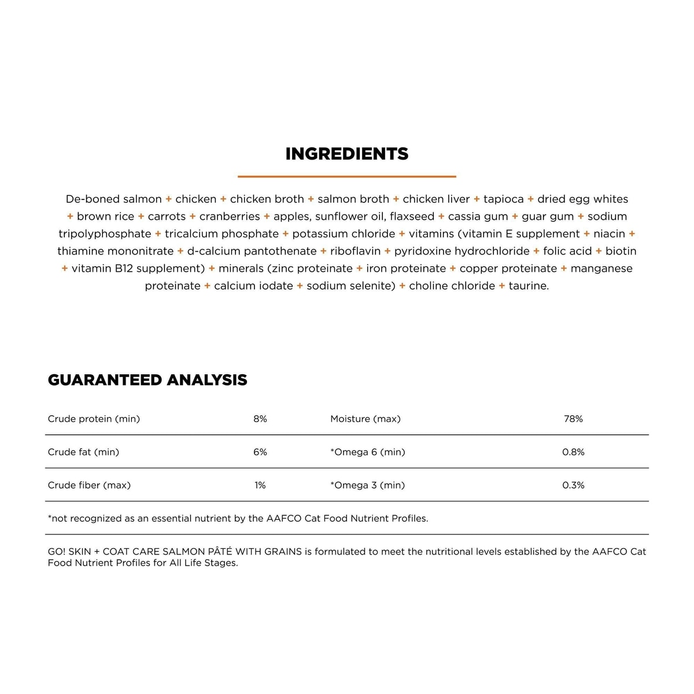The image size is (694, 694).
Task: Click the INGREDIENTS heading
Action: [x=347, y=154]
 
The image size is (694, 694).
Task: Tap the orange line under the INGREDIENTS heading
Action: [x=347, y=176]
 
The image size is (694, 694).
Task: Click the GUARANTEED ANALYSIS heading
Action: [x=147, y=380]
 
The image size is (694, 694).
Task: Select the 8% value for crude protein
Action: [x=260, y=419]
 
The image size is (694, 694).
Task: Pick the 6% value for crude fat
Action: [x=260, y=452]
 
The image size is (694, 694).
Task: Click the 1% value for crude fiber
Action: [x=260, y=485]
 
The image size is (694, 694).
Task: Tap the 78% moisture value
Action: [x=573, y=419]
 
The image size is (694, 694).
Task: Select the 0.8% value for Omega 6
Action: [x=573, y=452]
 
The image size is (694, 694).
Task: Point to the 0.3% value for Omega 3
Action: [x=573, y=485]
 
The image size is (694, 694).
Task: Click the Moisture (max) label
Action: [x=365, y=419]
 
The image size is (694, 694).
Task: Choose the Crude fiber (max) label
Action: [x=89, y=485]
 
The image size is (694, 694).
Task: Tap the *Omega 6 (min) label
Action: [x=367, y=452]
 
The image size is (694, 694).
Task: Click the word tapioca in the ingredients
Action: [x=503, y=199]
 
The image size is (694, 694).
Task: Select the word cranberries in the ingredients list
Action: [x=230, y=216]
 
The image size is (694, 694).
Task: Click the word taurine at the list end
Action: [x=529, y=286]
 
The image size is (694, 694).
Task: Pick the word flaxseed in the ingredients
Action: [x=412, y=216]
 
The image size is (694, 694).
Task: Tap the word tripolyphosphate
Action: [x=105, y=234]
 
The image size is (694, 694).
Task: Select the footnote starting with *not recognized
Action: [x=238, y=518]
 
